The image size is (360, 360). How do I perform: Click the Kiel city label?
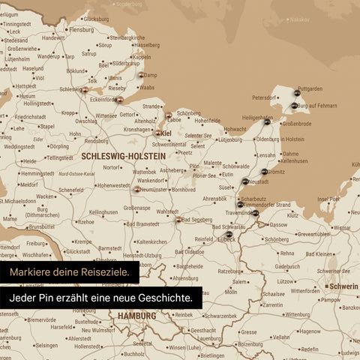[x=166, y=133]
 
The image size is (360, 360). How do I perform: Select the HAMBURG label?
[x=136, y=316]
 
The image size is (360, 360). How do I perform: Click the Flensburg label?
[x=80, y=30]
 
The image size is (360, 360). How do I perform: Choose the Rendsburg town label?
[x=96, y=141]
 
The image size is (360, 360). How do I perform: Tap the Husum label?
[x=27, y=96]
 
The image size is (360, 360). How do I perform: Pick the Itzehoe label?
[x=86, y=222]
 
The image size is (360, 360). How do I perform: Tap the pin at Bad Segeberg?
[x=178, y=220]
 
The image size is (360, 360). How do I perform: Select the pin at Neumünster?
[x=136, y=190]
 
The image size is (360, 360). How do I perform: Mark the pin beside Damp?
[x=140, y=74]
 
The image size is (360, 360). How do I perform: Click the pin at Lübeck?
[x=229, y=234]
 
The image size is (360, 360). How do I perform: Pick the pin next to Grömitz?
[x=264, y=172]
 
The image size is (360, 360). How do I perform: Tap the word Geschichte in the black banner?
[x=165, y=298]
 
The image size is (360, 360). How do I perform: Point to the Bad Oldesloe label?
[x=189, y=252]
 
